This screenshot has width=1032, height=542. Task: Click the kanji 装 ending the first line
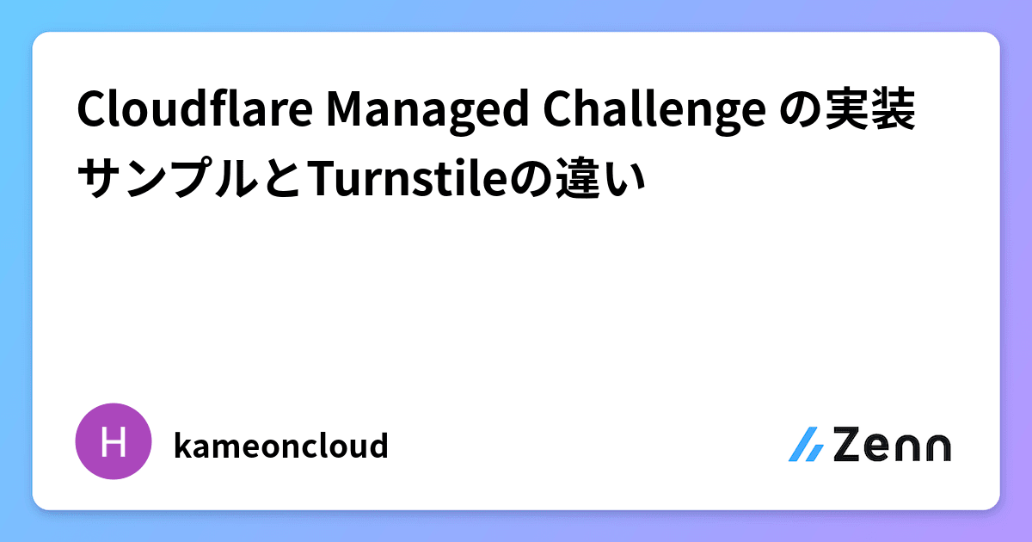pos(893,113)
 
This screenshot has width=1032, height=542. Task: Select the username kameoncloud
pos(280,446)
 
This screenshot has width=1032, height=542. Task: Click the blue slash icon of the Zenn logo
pos(806,445)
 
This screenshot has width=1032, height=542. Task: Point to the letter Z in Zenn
pos(848,445)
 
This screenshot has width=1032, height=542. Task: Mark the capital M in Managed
pos(340,112)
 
